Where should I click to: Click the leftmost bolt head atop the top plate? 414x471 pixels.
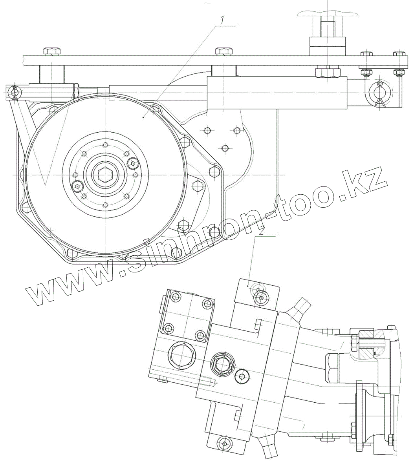pyautogui.click(x=51, y=51)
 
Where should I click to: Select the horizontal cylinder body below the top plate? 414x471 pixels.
pyautogui.click(x=277, y=93)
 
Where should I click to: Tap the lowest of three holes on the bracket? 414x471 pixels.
pyautogui.click(x=225, y=148)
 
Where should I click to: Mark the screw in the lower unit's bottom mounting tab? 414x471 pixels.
pyautogui.click(x=224, y=443)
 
